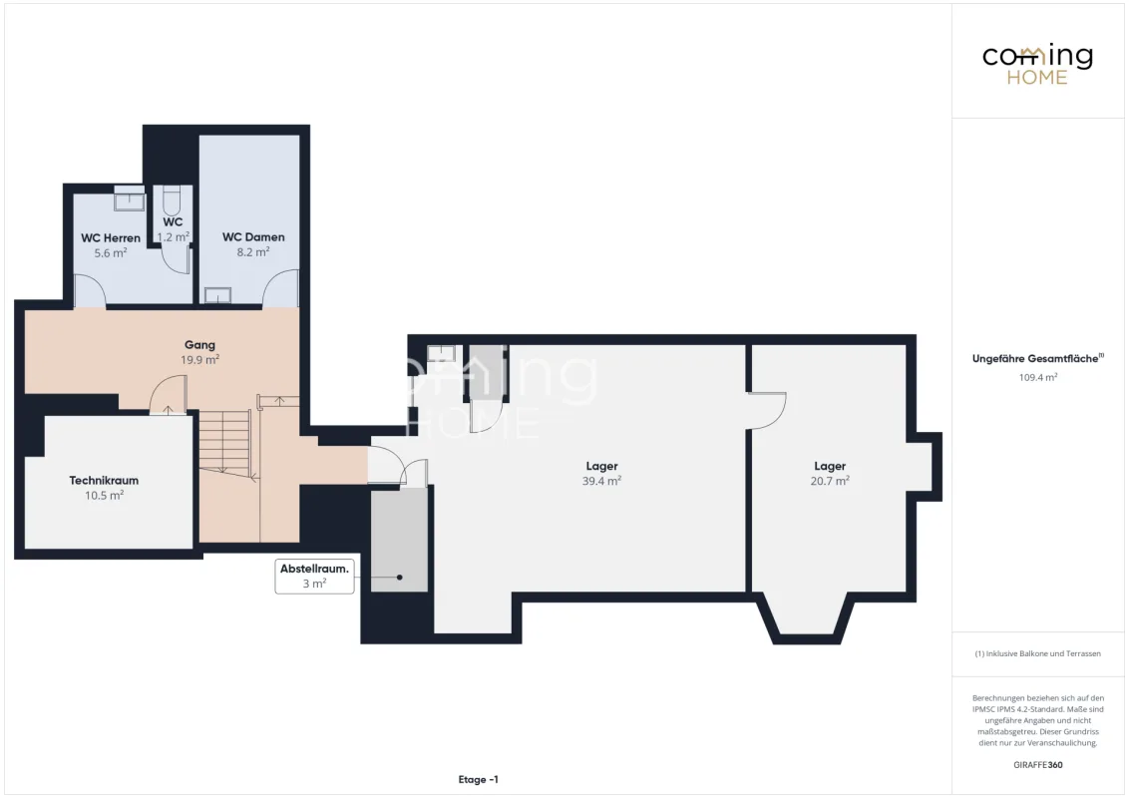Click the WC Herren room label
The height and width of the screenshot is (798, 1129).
tap(110, 237)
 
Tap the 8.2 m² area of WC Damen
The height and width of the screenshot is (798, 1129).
tap(252, 252)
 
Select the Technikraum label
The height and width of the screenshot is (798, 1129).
tap(104, 481)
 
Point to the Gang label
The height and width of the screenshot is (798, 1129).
tap(199, 345)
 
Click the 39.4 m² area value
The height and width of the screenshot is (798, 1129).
tap(601, 481)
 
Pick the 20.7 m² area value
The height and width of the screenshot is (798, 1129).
tap(830, 481)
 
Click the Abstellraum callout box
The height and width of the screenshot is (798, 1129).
tap(314, 577)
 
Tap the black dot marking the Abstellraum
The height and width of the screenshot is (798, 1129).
tap(400, 578)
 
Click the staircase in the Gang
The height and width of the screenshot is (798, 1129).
tap(225, 442)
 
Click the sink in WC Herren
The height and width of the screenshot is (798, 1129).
tap(130, 199)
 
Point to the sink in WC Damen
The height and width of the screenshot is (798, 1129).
tap(217, 295)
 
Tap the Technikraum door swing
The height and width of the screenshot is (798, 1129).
tap(168, 395)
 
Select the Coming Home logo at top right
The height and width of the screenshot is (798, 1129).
tap(1037, 64)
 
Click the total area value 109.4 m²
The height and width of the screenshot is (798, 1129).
tap(1037, 377)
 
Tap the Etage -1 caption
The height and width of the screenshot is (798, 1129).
tap(478, 779)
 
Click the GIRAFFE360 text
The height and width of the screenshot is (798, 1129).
tap(1037, 765)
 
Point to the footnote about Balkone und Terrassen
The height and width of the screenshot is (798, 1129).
tap(1037, 654)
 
